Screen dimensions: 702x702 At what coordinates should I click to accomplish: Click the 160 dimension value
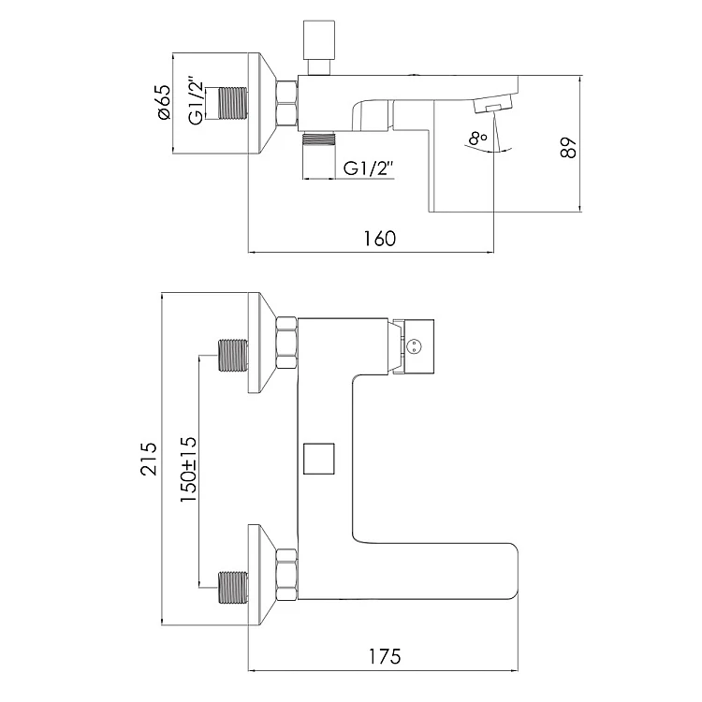pyautogui.click(x=380, y=239)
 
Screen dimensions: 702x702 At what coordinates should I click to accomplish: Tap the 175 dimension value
pyautogui.click(x=385, y=657)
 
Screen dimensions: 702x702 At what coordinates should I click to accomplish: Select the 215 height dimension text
pyautogui.click(x=149, y=459)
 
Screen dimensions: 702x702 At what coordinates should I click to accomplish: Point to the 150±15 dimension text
pyautogui.click(x=188, y=469)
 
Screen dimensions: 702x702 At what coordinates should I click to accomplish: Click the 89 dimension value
pyautogui.click(x=568, y=147)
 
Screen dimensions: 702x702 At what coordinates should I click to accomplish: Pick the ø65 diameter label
pyautogui.click(x=164, y=102)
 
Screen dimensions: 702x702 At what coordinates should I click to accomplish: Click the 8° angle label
pyautogui.click(x=478, y=139)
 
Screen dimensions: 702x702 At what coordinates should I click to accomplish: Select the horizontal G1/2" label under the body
pyautogui.click(x=369, y=168)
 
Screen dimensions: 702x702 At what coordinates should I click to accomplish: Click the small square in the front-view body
pyautogui.click(x=319, y=459)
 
